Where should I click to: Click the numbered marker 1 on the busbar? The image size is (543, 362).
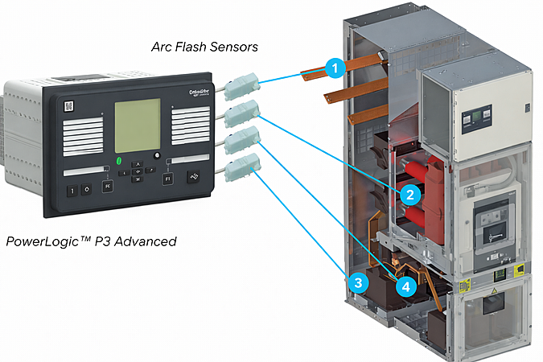coord(335,68)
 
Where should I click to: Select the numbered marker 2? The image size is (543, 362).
coord(409,195)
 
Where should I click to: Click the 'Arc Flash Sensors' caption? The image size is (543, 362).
coord(204,47)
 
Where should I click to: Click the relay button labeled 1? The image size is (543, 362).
coord(72,191)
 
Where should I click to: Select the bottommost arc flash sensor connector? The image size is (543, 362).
coord(241,169)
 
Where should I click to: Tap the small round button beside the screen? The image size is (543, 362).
coord(158,155)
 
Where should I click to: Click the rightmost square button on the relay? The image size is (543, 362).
coord(193,179)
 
